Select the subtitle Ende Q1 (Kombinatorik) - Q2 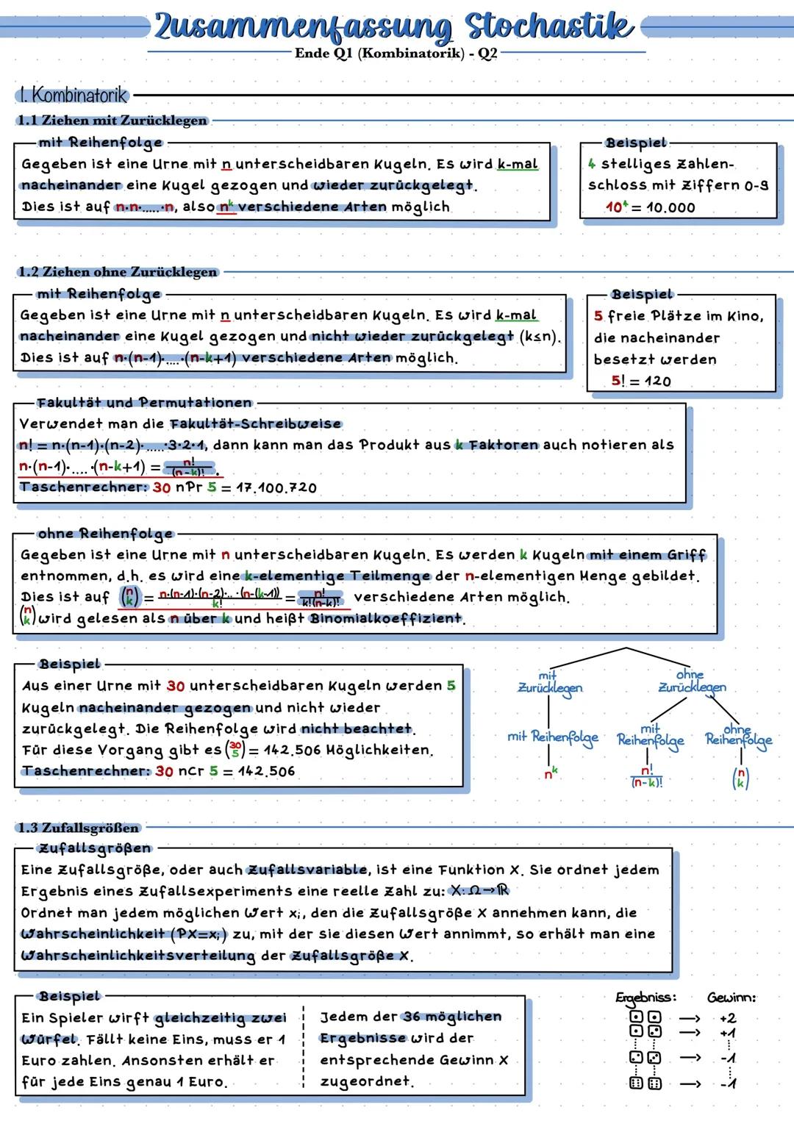[396, 54]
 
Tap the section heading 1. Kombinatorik [71, 95]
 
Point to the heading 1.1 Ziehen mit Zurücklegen [112, 120]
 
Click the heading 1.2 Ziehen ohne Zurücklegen [118, 272]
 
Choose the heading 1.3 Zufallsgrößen [78, 828]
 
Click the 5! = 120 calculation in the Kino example [640, 381]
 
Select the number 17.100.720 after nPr [276, 487]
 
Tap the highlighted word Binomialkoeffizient [386, 618]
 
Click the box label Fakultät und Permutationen [144, 403]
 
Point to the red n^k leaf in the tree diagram [550, 773]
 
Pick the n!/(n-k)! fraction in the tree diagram [647, 777]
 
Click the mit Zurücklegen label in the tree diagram [549, 683]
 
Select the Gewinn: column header [731, 998]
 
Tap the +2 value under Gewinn [727, 1018]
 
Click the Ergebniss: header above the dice [645, 998]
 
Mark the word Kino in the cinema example [745, 316]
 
